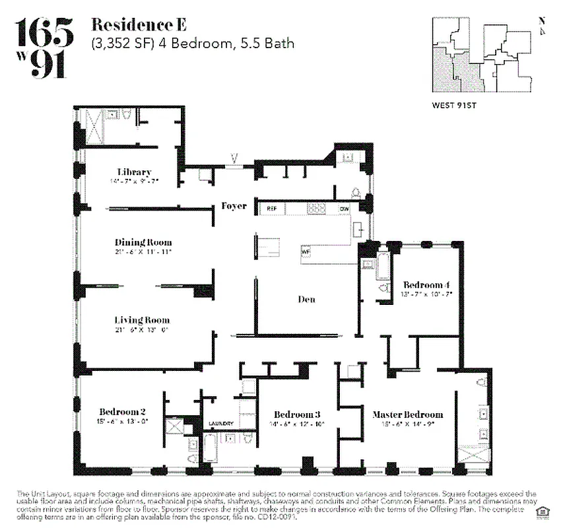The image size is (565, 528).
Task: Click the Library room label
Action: pos(135,172)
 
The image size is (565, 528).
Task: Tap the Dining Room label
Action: pos(143,242)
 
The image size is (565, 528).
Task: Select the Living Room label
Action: pos(142,320)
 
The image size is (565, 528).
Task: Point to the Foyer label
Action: pos(234,206)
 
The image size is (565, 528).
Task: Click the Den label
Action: pos(306,299)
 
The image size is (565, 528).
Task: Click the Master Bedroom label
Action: pos(407,414)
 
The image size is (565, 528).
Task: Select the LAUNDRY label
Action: pos(221,423)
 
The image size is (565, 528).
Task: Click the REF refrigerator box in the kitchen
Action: pos(272,208)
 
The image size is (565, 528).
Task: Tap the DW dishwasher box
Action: pos(344,208)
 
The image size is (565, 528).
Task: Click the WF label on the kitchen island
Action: pos(306,251)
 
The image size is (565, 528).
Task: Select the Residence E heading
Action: pos(139,26)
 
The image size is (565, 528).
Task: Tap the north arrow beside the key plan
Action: pos(542,26)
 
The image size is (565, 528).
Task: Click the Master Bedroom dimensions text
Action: pos(407,424)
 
